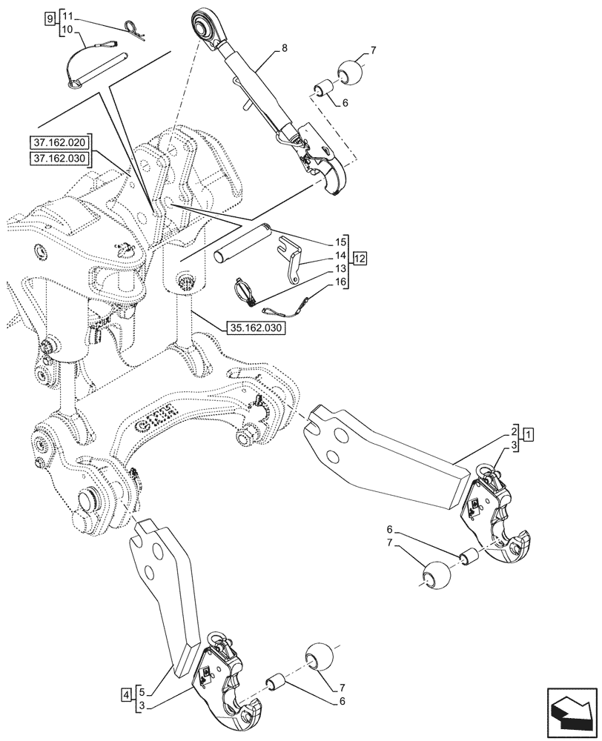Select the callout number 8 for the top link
pyautogui.click(x=284, y=49)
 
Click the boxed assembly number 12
pyautogui.click(x=360, y=259)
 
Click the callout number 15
pyautogui.click(x=340, y=242)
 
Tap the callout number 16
pyautogui.click(x=340, y=282)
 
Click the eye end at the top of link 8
pyautogui.click(x=207, y=21)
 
